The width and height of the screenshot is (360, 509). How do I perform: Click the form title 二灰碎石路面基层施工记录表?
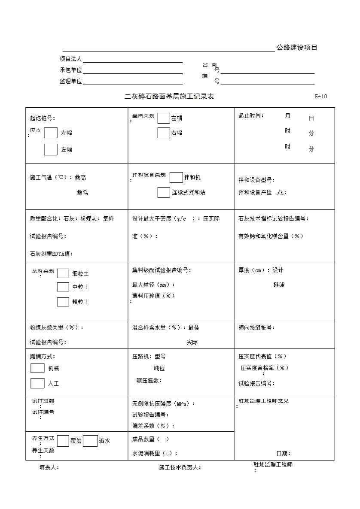click(169, 97)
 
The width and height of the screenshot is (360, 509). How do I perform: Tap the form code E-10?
click(320, 97)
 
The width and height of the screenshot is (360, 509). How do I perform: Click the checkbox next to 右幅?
click(164, 133)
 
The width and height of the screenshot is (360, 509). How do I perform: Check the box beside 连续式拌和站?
click(164, 192)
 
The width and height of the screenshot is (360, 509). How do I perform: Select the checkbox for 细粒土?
click(63, 273)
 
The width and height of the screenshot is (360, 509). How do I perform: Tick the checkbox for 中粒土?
click(63, 287)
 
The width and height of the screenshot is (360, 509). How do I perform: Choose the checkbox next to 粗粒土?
click(63, 302)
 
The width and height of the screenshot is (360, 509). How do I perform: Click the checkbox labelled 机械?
click(37, 368)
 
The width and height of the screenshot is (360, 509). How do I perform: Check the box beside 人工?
click(37, 383)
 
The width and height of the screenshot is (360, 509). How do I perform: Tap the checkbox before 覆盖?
click(63, 441)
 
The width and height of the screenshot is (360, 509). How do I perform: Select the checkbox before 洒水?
click(90, 441)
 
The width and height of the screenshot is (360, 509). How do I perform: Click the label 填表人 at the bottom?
click(49, 467)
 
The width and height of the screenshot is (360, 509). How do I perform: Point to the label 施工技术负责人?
click(180, 467)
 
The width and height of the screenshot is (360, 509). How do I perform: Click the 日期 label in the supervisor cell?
click(283, 453)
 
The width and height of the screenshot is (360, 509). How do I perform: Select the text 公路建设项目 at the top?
click(297, 48)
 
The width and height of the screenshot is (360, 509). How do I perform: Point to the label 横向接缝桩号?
click(256, 327)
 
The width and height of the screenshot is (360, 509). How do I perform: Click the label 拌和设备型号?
click(256, 180)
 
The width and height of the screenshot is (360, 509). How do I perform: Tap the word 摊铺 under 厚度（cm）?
click(279, 285)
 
